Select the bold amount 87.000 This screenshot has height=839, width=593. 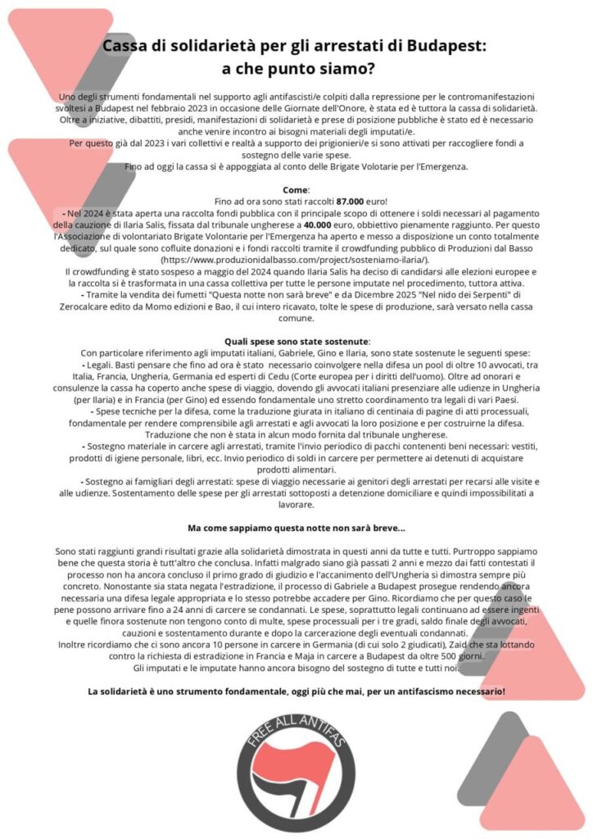click(x=351, y=200)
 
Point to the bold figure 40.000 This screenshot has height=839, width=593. click(x=318, y=223)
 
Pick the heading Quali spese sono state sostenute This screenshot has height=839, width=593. click(x=296, y=341)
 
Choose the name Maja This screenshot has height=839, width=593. click(x=321, y=657)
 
